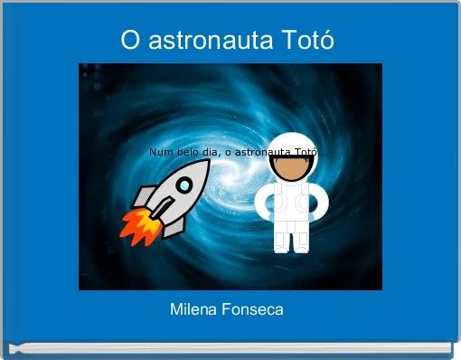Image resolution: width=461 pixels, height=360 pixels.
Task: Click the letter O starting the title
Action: coord(130,42)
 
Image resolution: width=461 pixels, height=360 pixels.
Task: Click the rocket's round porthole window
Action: coord(183,186)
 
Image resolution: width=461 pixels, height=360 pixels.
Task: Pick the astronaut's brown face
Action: coord(291,168)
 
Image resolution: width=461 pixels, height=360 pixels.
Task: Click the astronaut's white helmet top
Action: coord(291,142)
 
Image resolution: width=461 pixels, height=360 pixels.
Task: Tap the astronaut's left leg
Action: coord(282,241)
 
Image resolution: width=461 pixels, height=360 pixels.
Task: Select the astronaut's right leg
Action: coord(300,241)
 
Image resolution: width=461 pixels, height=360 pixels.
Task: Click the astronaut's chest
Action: coord(291,204)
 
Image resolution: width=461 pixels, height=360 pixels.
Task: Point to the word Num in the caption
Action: coord(160,153)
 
